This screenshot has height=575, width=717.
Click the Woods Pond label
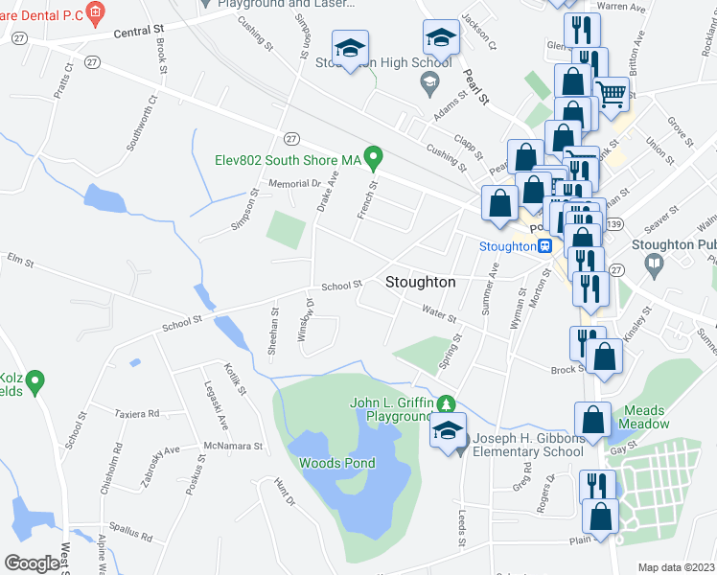coord(336,463)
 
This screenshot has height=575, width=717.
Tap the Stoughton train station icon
coord(544,245)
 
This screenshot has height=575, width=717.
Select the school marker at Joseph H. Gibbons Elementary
coord(447,432)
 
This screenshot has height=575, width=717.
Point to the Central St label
coord(139,32)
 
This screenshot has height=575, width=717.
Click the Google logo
coord(32,563)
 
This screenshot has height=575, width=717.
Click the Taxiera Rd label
coord(136,414)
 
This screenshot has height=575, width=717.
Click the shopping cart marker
coord(612,94)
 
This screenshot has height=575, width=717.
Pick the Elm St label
coord(19,259)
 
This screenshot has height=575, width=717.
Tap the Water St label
coord(438,311)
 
